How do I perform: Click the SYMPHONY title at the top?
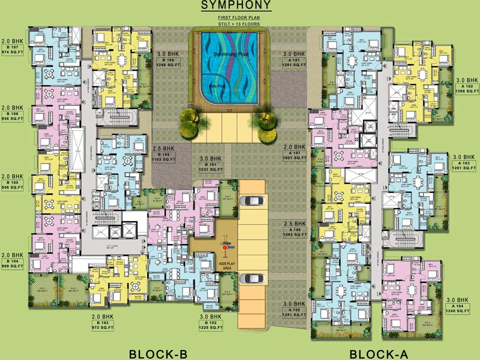pos(236,6)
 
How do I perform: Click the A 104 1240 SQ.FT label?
pos(457,308)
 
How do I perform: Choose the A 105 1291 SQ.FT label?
pos(294,313)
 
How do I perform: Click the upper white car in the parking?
pos(251,201)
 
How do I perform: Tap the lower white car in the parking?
pos(251,279)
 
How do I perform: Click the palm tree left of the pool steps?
pos(189,121)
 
